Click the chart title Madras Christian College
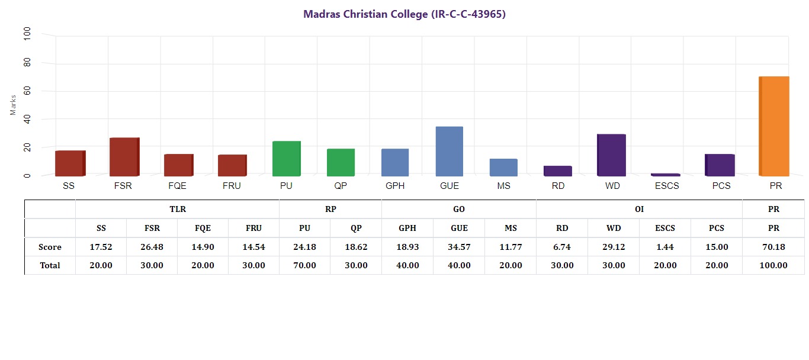point(404,14)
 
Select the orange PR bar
point(774,126)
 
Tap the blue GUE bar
point(450,151)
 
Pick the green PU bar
point(286,158)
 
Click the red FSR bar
point(124,156)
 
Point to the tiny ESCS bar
point(666,175)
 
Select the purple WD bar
point(611,155)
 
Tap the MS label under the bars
point(504,186)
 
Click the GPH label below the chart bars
point(395,186)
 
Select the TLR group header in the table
point(178,210)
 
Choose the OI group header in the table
point(639,210)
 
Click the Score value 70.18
point(773,247)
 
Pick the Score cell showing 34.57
point(459,247)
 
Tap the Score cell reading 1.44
point(664,247)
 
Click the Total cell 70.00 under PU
point(304,265)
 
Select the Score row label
point(50,247)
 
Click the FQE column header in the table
point(203,228)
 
